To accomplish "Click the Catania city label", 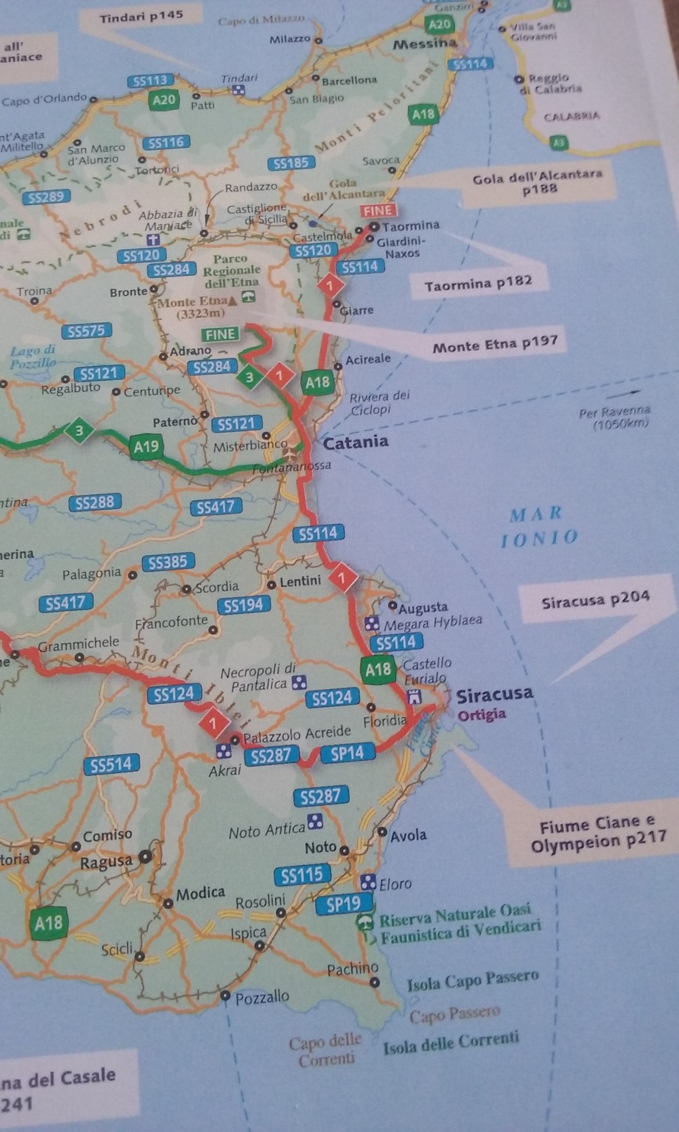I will click(356, 442).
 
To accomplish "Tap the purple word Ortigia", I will click(481, 715).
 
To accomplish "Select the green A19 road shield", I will click(146, 447).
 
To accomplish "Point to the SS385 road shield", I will click(168, 563).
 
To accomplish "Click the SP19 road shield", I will click(344, 904).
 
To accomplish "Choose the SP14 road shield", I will click(347, 753).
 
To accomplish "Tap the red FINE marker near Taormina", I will click(378, 211).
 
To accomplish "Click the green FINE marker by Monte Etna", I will click(221, 334).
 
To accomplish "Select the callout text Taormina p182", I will click(478, 283).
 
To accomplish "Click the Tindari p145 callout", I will click(141, 16).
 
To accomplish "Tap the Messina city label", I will click(425, 43).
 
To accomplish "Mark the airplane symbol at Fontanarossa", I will click(293, 453).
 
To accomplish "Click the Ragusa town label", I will click(106, 862).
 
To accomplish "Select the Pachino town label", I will click(352, 970).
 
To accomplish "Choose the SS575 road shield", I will click(86, 332).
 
